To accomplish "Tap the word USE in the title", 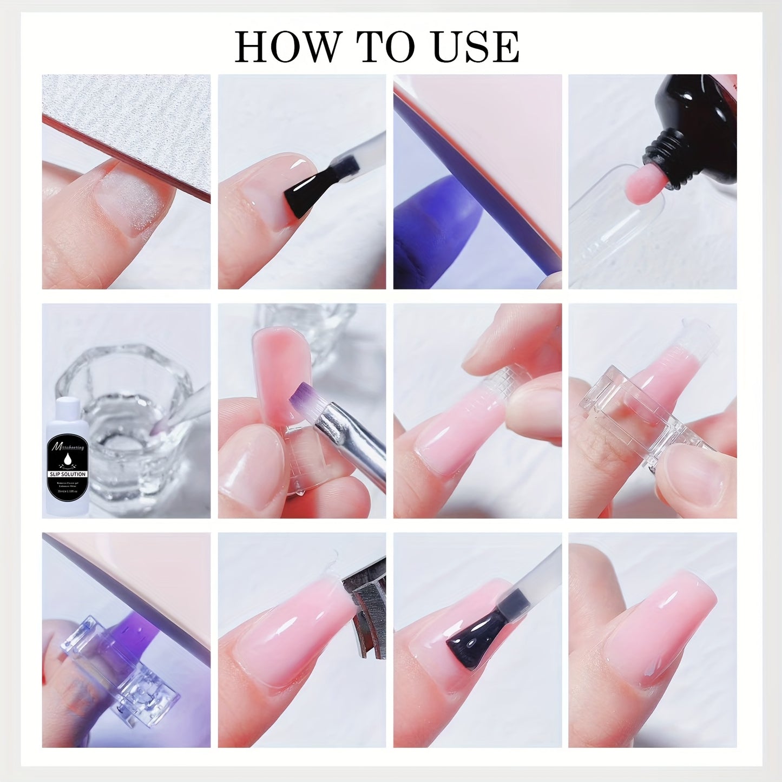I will click(476, 47).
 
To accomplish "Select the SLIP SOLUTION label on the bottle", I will click(68, 474).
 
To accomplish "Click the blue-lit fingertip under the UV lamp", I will click(433, 227).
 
